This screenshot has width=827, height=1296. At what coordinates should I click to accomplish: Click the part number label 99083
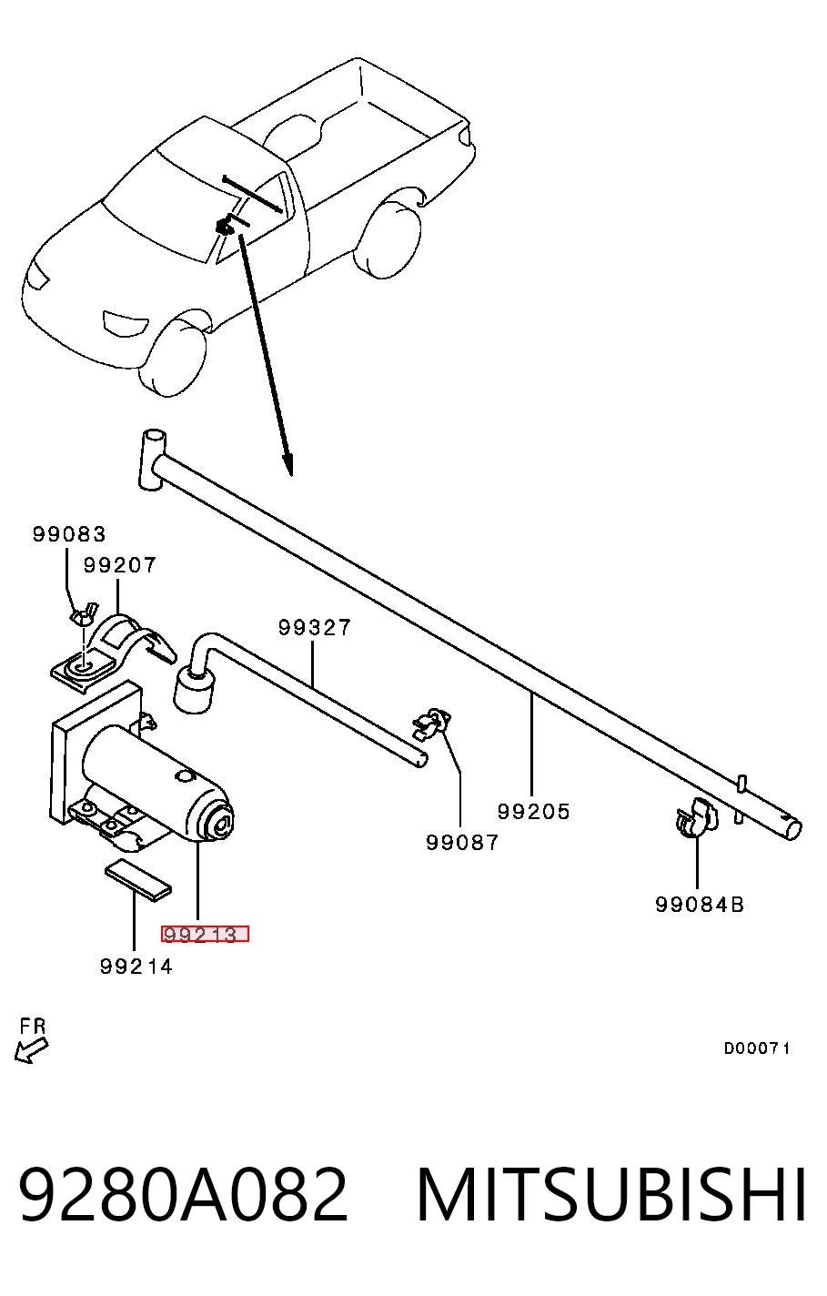pyautogui.click(x=69, y=533)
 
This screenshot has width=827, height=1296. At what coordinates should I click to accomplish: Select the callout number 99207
pyautogui.click(x=120, y=564)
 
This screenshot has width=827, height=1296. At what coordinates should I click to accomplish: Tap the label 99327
pyautogui.click(x=314, y=627)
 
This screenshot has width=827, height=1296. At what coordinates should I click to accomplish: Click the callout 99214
pyautogui.click(x=136, y=967)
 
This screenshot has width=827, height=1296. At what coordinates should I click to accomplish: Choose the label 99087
pyautogui.click(x=461, y=843)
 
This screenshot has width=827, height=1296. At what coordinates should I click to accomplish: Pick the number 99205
pyautogui.click(x=533, y=811)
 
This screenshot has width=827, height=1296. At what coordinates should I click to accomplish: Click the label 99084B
pyautogui.click(x=700, y=905)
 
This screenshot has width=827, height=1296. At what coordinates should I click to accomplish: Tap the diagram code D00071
pyautogui.click(x=757, y=1048)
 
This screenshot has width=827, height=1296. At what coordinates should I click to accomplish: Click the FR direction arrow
pyautogui.click(x=31, y=1049)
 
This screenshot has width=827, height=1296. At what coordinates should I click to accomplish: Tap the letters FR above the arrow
pyautogui.click(x=33, y=1026)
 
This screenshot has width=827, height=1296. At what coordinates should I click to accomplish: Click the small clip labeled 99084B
pyautogui.click(x=696, y=815)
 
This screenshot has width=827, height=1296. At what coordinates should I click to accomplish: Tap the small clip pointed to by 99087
pyautogui.click(x=431, y=724)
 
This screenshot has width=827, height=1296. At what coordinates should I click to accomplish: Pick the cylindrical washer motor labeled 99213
pyautogui.click(x=157, y=782)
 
